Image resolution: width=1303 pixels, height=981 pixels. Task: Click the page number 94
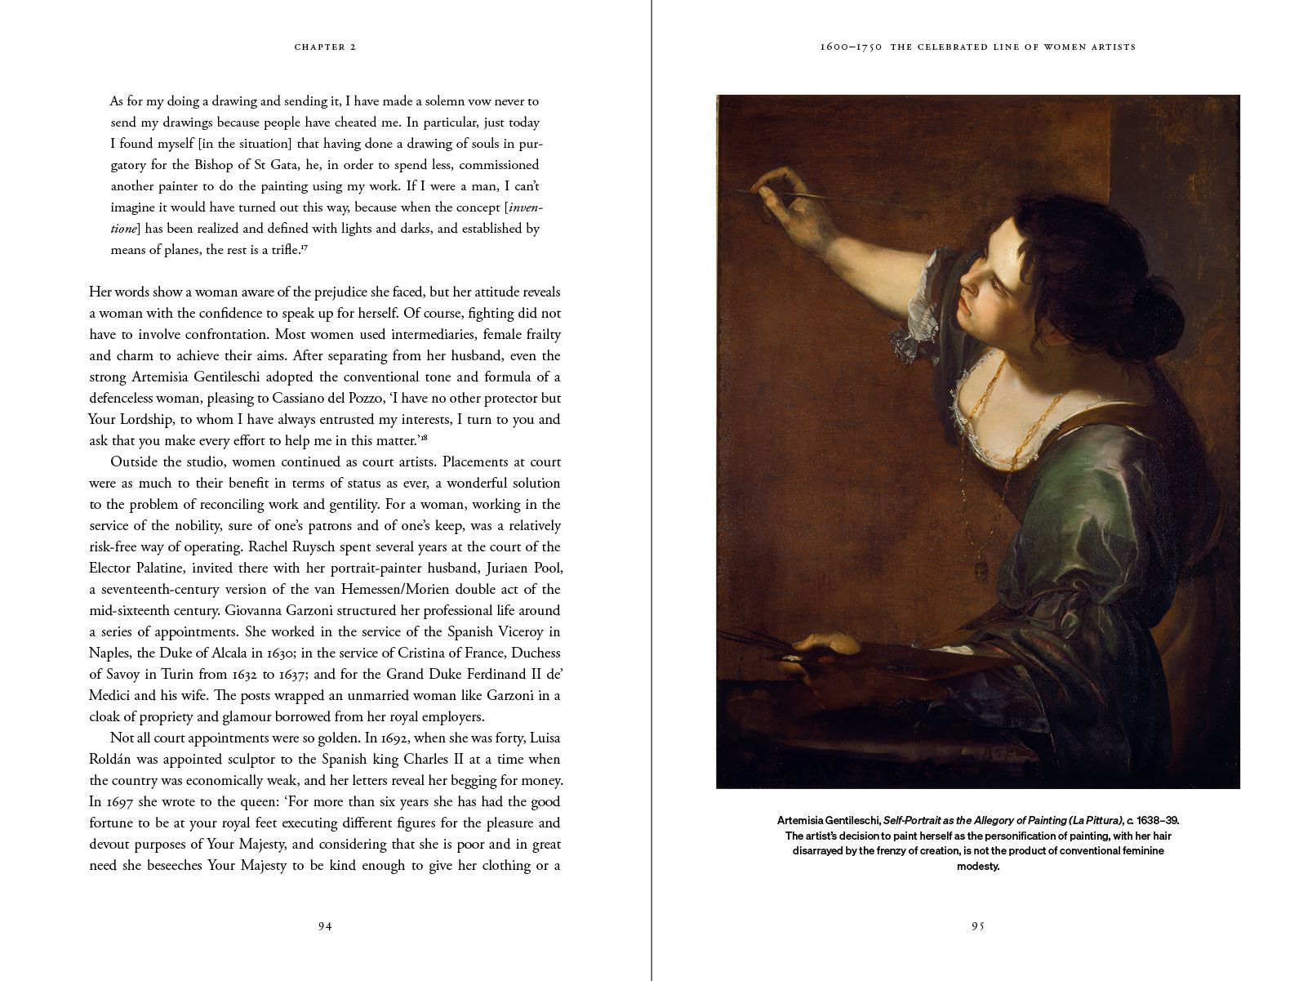(325, 926)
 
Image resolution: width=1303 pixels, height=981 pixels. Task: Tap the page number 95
(978, 926)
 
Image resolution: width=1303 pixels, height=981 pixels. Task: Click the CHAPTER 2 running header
(325, 47)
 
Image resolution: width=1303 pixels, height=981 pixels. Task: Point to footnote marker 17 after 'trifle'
(304, 247)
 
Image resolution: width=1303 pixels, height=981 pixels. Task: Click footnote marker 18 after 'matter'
(424, 438)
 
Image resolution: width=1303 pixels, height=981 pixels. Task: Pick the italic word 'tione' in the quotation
(124, 230)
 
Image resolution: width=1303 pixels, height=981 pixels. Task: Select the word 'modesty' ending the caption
(978, 866)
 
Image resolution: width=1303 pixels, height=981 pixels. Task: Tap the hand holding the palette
(829, 644)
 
